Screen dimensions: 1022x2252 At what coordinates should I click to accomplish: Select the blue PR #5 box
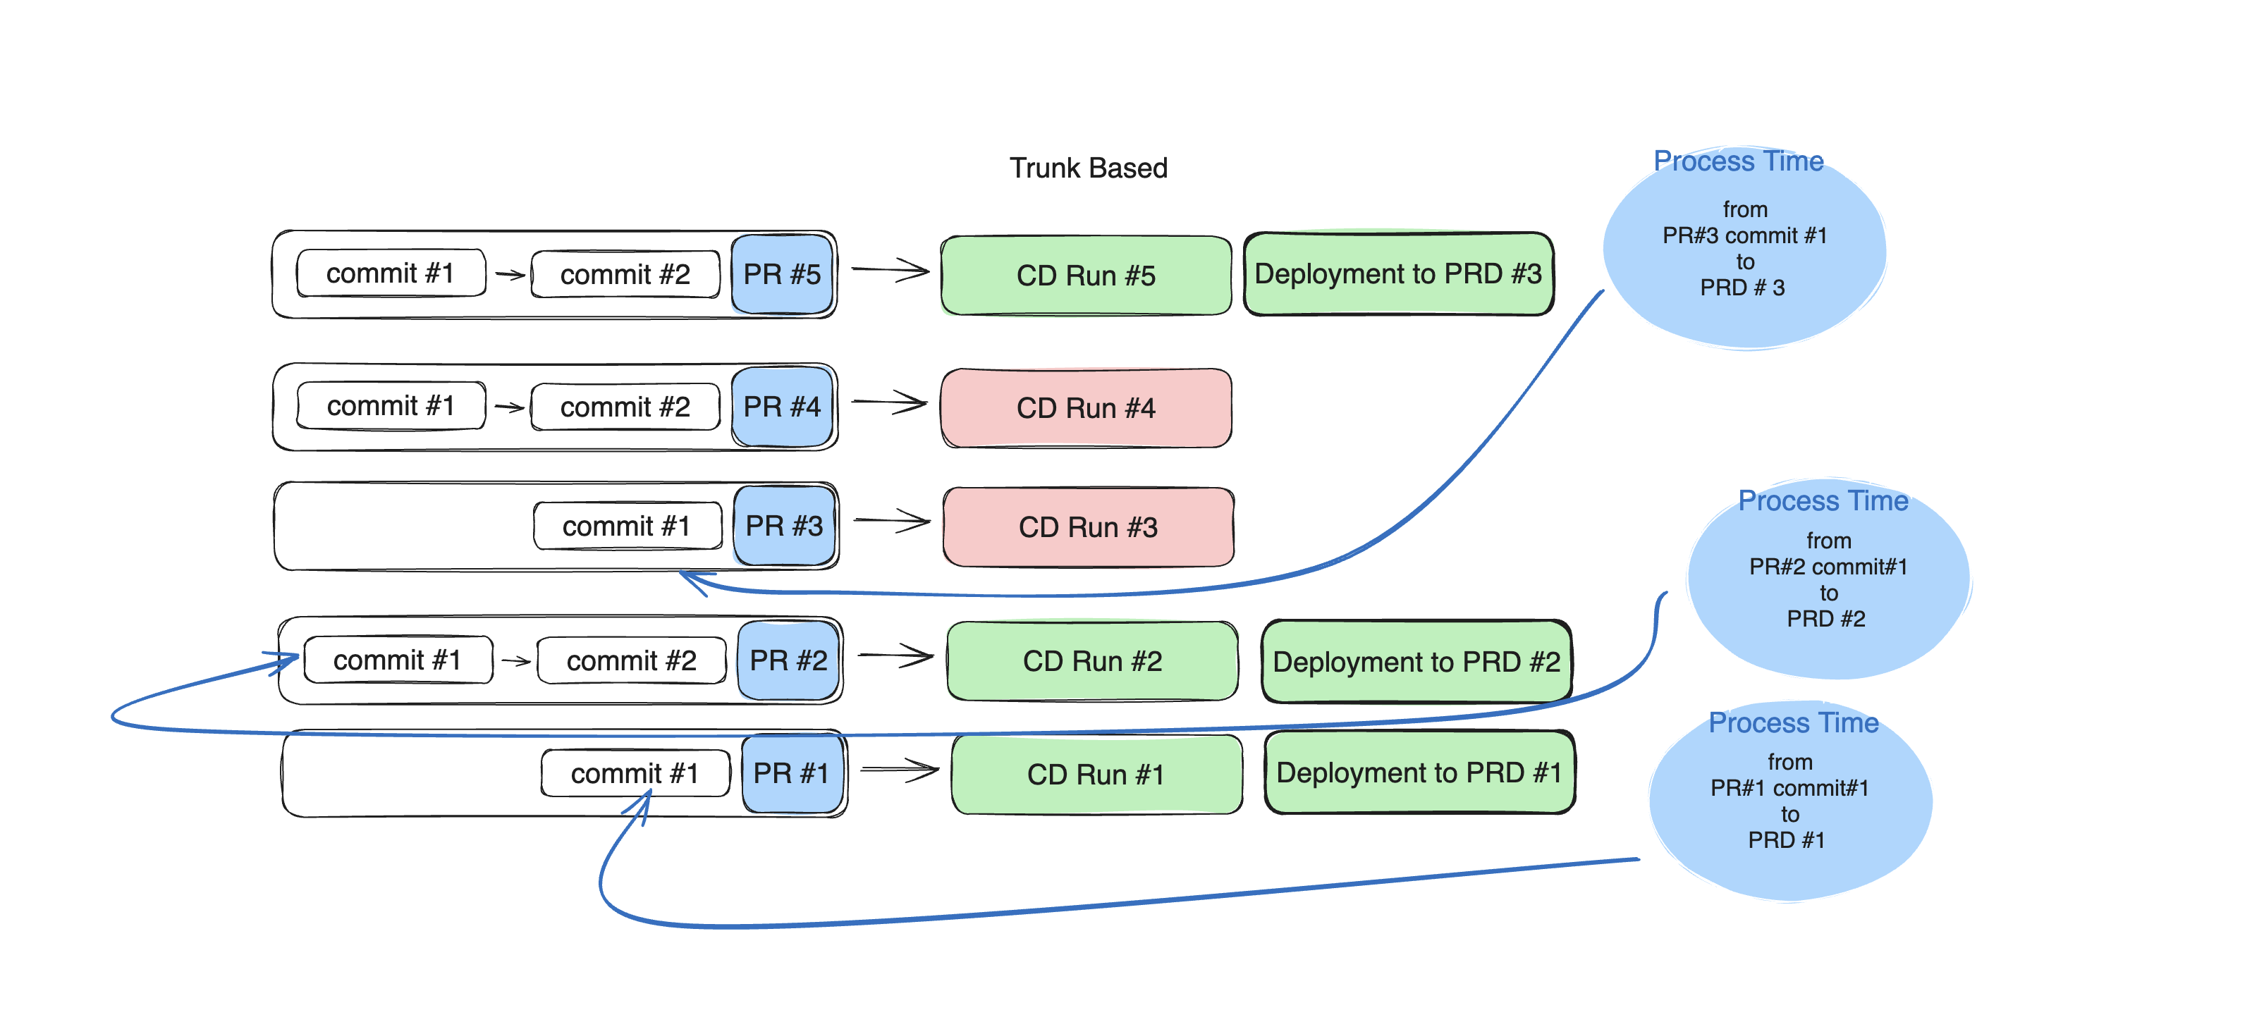coord(781,274)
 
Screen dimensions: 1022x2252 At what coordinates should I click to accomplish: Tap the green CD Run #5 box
coord(1086,276)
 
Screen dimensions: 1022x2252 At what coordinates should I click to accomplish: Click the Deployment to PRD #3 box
coord(1398,273)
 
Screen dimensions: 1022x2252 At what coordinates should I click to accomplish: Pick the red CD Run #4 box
coord(1086,408)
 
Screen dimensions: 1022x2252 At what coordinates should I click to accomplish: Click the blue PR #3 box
coord(784,525)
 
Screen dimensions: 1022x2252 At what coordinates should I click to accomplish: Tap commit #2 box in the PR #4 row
coord(625,407)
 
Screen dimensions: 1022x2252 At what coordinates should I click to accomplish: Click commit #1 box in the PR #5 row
coord(390,273)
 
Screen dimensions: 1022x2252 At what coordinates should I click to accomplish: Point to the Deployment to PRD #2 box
coord(1416,662)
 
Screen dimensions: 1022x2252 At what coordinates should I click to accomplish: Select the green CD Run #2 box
coord(1092,661)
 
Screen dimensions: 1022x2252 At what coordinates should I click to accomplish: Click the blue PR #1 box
coord(791,772)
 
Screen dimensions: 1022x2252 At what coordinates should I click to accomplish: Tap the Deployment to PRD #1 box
coord(1419,772)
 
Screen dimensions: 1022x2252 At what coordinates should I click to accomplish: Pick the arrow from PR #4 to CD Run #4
coord(889,403)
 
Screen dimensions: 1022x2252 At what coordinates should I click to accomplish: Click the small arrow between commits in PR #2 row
coord(516,661)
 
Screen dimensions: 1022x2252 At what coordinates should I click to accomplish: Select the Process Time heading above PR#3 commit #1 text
coord(1738,161)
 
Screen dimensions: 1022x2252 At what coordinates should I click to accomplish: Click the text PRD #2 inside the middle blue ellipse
coord(1825,619)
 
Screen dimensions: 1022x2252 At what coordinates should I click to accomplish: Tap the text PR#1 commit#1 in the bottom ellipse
coord(1789,788)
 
